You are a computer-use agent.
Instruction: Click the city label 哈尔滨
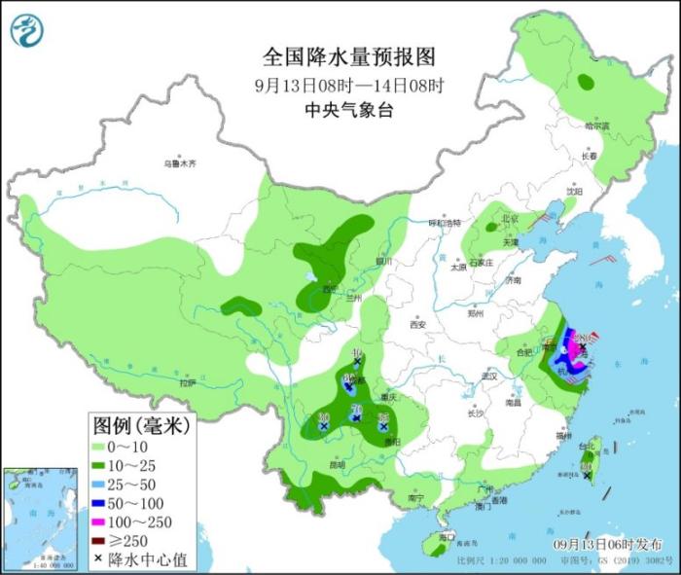pos(596,126)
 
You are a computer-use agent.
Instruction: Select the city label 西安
pos(420,326)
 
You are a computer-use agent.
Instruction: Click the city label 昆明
pos(338,464)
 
